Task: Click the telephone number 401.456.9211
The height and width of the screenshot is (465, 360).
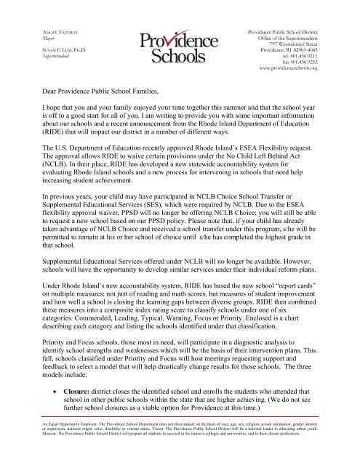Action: pyautogui.click(x=321, y=61)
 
